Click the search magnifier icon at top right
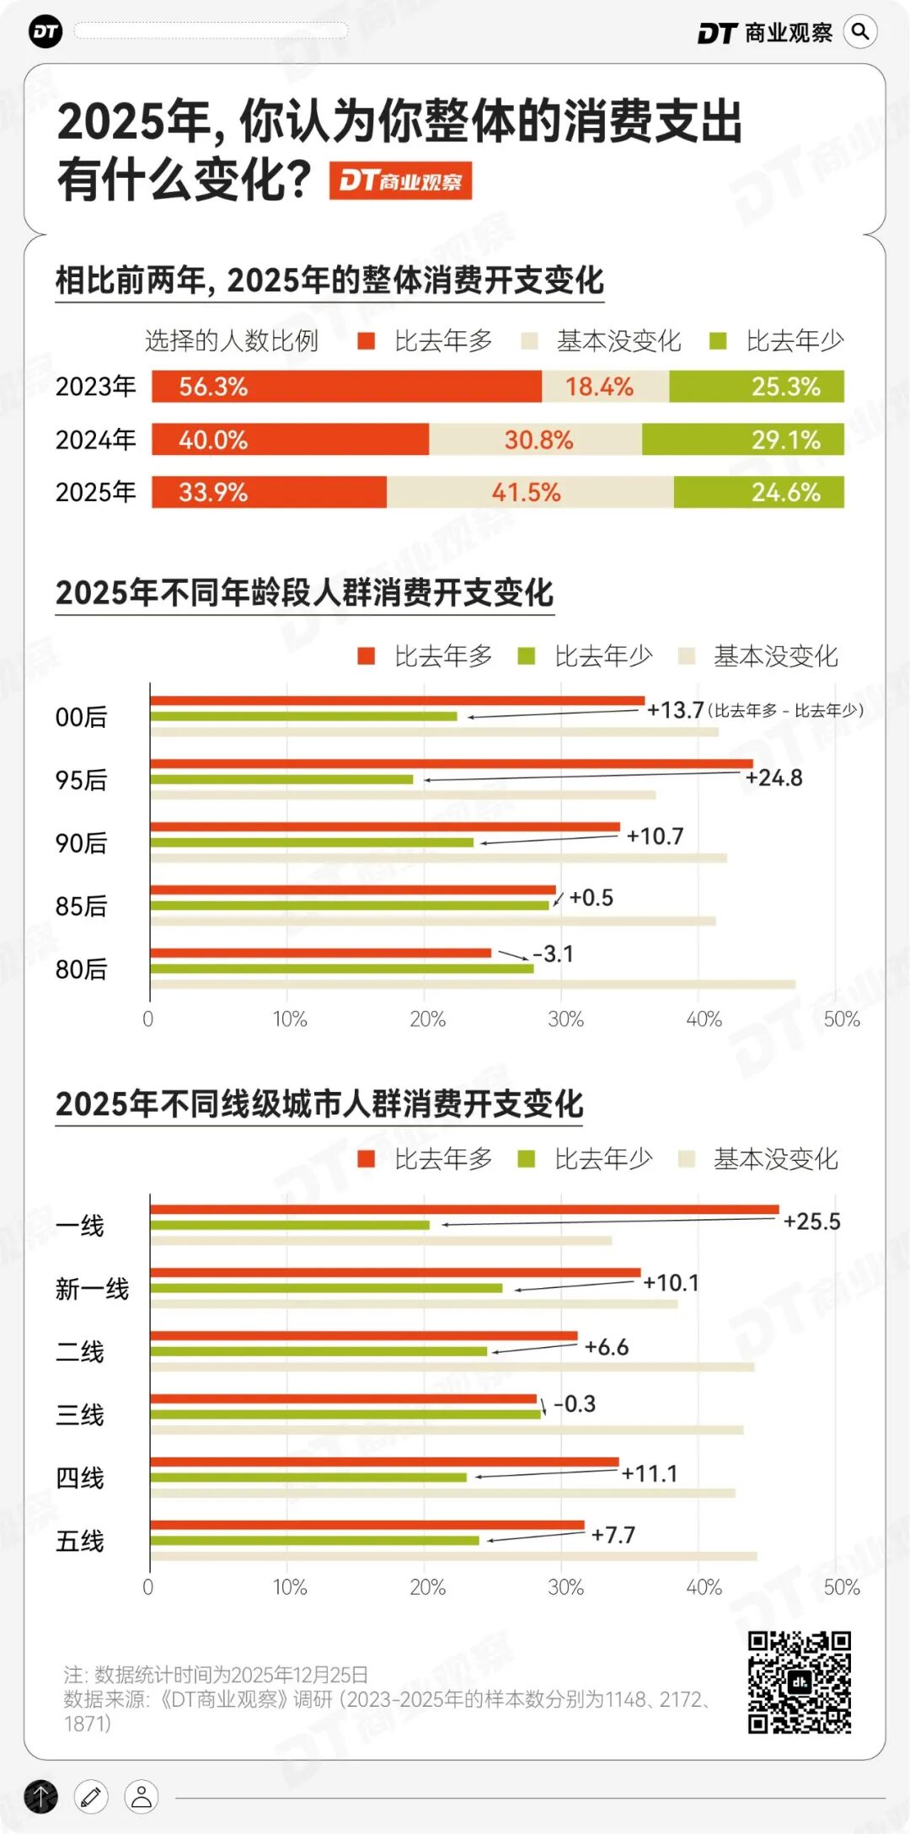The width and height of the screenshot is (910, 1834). [859, 32]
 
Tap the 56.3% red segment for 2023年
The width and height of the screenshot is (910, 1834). [345, 387]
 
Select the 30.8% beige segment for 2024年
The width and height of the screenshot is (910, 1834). [536, 440]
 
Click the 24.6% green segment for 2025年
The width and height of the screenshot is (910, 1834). [758, 492]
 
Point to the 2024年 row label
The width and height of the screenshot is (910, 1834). [95, 440]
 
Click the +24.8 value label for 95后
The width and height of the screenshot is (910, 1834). [773, 778]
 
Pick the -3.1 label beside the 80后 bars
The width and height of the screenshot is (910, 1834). [554, 954]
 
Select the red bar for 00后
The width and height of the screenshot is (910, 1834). [396, 701]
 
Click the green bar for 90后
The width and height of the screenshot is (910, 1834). [312, 842]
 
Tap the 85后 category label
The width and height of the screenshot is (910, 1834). [81, 906]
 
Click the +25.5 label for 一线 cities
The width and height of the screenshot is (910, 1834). [811, 1222]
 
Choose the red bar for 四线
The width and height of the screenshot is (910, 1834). [383, 1462]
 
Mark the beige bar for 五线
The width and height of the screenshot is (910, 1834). [453, 1556]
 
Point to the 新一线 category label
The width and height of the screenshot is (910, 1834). [92, 1289]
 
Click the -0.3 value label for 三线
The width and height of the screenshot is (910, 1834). [575, 1404]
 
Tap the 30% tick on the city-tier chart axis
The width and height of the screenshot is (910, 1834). [565, 1587]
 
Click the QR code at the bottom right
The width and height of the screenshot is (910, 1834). [799, 1682]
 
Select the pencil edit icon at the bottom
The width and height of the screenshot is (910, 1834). [91, 1796]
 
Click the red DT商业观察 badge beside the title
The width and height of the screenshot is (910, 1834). [400, 180]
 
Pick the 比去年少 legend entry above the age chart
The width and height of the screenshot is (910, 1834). [586, 655]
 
